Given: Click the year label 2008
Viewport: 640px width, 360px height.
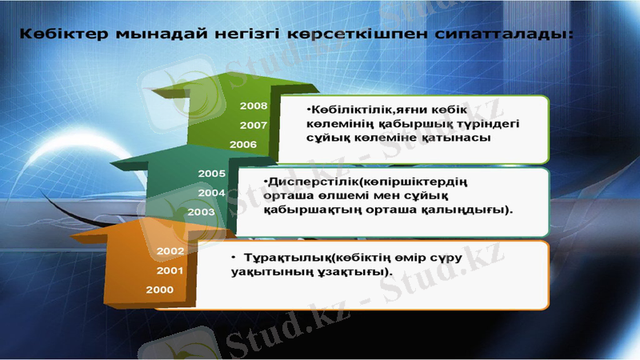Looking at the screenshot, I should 254,106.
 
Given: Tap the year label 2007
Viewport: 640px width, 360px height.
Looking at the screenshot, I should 254,125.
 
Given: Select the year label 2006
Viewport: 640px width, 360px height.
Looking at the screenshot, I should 242,144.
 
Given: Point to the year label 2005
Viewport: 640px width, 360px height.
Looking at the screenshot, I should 212,174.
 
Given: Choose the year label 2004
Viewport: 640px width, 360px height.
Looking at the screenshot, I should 212,193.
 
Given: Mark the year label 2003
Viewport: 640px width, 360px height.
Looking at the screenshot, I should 201,212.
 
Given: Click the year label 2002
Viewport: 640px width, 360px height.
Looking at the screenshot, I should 171,251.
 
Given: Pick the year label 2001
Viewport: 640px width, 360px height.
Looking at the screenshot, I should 171,270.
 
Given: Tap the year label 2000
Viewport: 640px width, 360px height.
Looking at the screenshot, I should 160,290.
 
